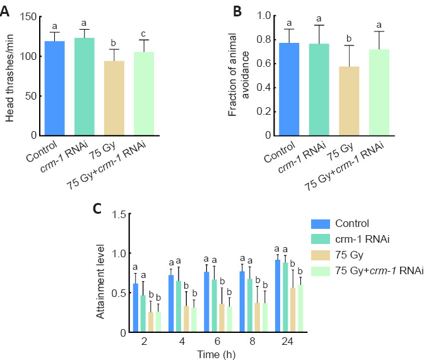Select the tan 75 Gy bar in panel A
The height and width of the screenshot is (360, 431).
114,98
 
